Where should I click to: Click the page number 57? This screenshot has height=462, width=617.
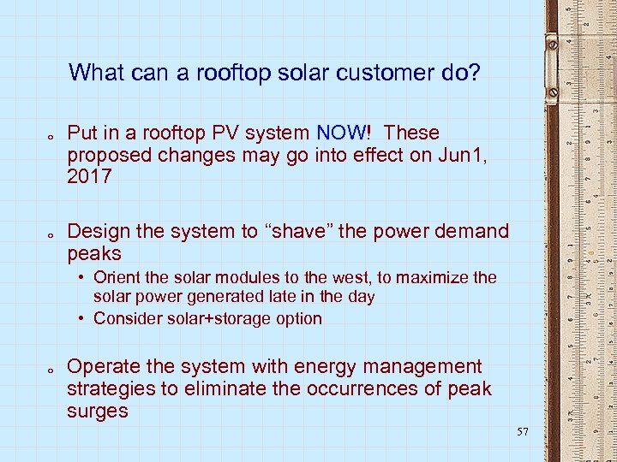(523, 432)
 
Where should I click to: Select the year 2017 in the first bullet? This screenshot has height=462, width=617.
(89, 177)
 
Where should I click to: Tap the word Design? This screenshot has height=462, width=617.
(98, 231)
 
